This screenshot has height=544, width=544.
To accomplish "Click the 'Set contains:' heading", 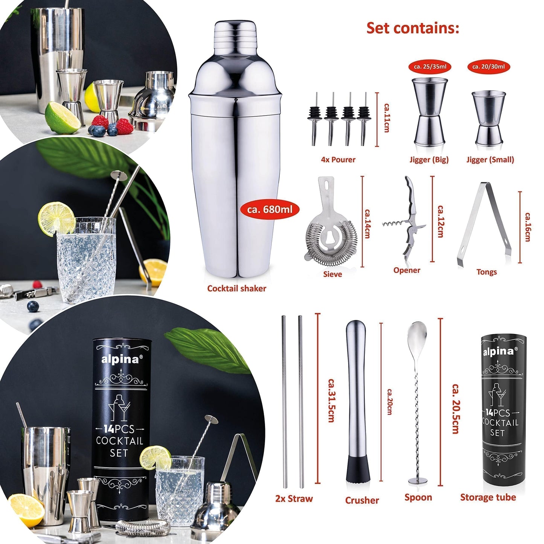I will coord(413,28).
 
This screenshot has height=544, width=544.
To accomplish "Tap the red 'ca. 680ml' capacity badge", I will coord(270,209).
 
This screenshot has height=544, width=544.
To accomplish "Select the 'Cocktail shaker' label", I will coord(236,288).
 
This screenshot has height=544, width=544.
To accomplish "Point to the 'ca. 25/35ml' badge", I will coord(430,67).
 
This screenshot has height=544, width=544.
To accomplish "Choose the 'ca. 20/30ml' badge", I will coord(488,67).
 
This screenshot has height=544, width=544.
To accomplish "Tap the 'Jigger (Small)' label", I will coord(490,160).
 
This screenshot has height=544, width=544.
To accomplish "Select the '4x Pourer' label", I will coord(338,160).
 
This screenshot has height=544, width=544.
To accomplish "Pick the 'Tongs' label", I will coord(486,272).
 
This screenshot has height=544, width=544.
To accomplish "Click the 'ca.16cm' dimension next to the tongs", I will coord(527,227).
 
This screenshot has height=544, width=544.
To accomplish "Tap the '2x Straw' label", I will coord(294,499).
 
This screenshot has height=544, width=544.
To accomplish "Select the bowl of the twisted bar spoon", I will coord(416,333).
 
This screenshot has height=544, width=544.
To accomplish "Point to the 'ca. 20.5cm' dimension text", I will coord(455,409).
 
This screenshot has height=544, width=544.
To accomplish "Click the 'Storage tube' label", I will coord(488,497).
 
